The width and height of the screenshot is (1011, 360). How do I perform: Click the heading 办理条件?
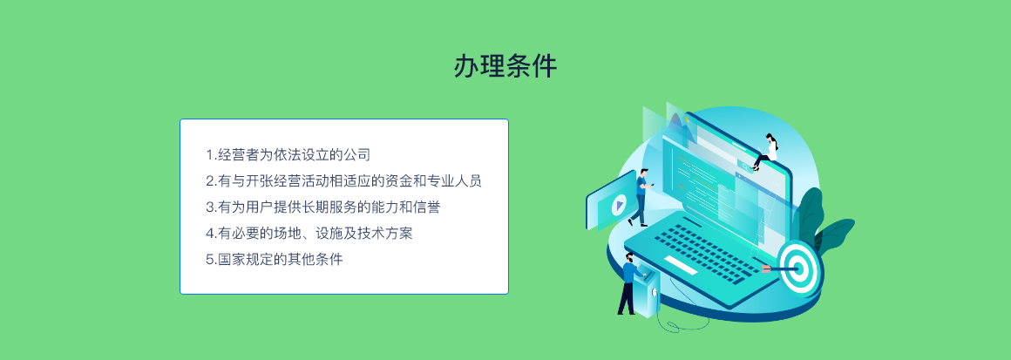505,65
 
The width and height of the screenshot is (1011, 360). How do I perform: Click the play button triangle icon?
619,205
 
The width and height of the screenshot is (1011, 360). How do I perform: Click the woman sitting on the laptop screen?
766,152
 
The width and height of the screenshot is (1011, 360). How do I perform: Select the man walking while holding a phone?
641,197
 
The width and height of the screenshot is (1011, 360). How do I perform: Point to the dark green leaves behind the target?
822,222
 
